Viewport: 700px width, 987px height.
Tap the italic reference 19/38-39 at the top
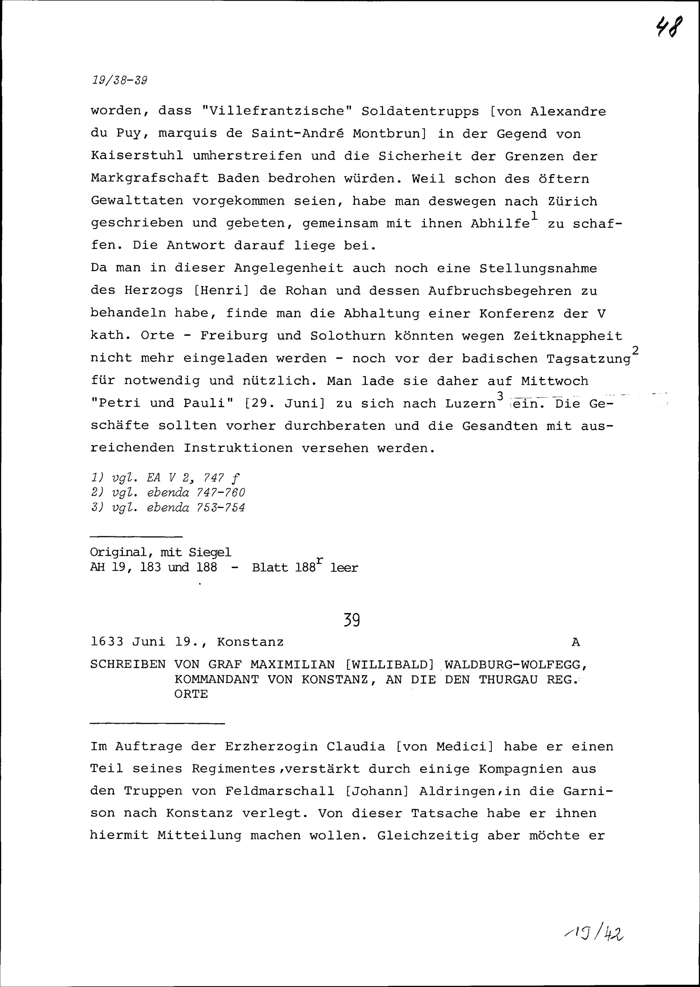[x=119, y=80]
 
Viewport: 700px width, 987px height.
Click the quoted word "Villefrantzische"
[x=277, y=112]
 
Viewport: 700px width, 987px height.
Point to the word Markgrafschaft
[x=149, y=178]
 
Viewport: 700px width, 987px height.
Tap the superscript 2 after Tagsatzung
[x=635, y=350]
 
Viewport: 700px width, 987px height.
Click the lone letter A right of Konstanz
[x=576, y=643]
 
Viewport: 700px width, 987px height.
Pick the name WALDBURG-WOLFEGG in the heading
[x=516, y=665]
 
